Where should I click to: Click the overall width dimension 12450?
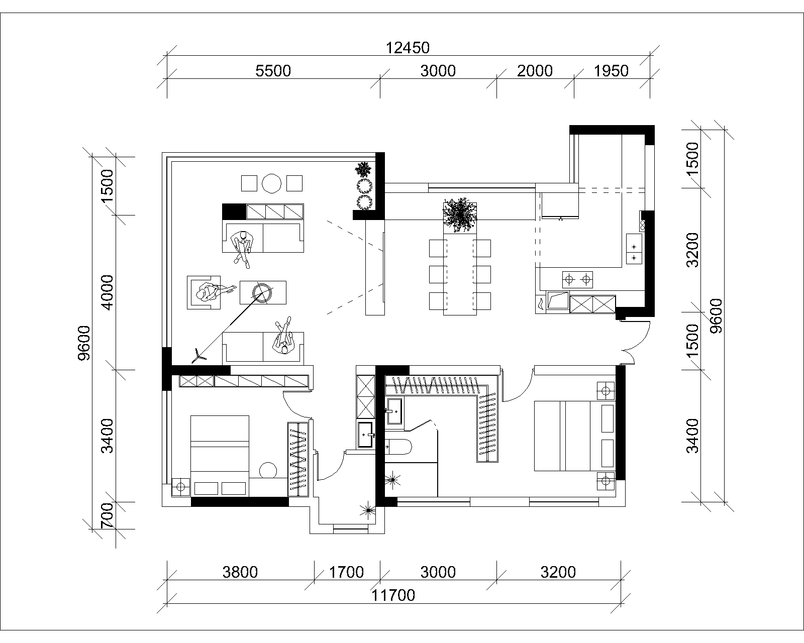pos(408,48)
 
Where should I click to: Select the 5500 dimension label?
pos(273,71)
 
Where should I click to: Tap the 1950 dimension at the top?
pos(611,71)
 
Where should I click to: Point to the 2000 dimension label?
pos(535,71)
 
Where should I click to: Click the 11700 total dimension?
pos(393,596)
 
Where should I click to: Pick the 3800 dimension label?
pos(240,572)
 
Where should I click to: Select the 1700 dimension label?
pos(346,572)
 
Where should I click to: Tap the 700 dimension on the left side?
pos(107,515)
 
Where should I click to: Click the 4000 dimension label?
pos(107,292)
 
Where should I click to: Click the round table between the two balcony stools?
pos(272,183)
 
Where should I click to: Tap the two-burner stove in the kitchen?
pos(577,279)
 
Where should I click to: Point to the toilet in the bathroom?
pos(398,447)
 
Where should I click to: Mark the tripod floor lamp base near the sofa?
pos(198,356)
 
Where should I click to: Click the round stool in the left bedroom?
pos(268,470)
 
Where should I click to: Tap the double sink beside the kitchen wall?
pos(634,249)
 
